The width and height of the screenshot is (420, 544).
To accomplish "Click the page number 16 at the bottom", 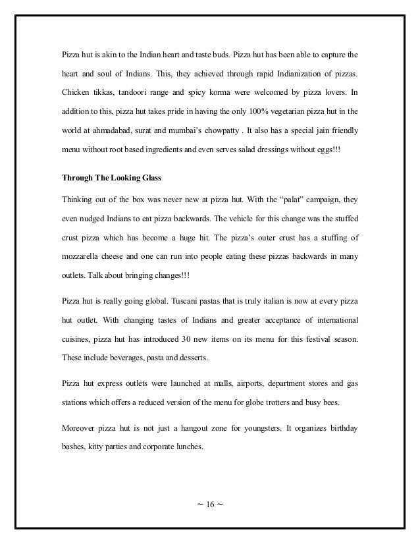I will [x=210, y=506].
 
